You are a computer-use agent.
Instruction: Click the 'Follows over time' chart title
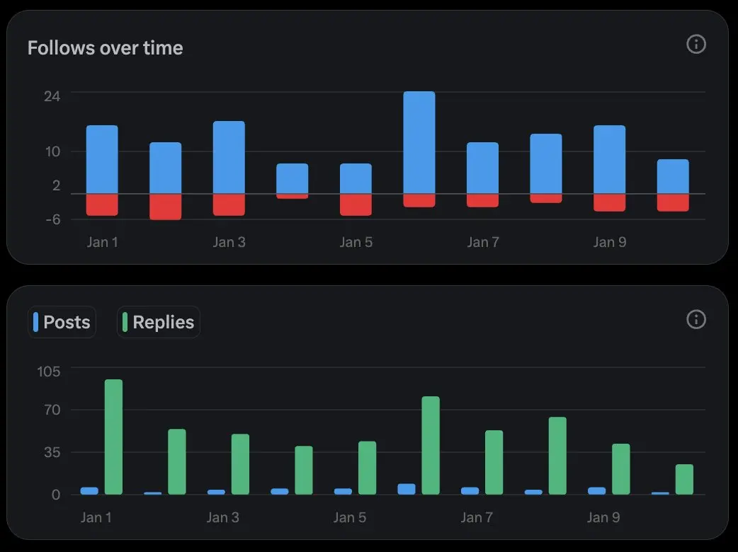(105, 48)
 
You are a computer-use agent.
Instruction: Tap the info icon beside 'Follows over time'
(696, 45)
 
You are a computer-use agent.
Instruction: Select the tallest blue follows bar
(419, 142)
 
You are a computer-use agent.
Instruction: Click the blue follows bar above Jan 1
(102, 159)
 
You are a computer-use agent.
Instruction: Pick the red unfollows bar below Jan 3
(229, 205)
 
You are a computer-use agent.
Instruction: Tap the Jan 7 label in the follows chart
(482, 242)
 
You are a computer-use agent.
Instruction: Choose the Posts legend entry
(62, 322)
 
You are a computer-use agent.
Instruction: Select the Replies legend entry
(158, 322)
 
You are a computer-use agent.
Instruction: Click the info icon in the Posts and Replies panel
(696, 319)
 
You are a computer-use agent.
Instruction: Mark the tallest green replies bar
(113, 437)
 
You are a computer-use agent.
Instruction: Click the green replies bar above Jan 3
(240, 464)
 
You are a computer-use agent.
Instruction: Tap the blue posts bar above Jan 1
(89, 490)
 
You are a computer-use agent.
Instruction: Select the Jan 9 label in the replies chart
(603, 517)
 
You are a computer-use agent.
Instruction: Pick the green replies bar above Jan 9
(620, 468)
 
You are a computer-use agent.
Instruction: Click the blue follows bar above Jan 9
(609, 159)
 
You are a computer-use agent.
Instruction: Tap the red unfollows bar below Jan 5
(356, 205)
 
